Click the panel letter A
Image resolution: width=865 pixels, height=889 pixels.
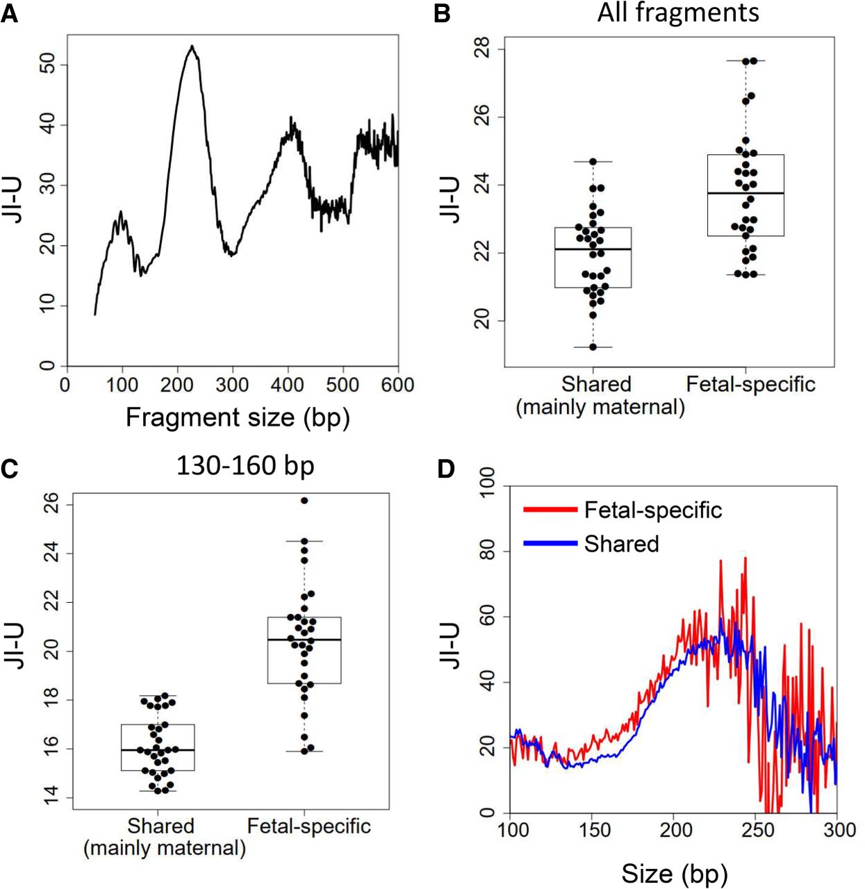click(10, 14)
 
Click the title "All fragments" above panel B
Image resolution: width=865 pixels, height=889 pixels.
click(678, 13)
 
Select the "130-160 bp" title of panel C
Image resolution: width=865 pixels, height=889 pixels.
click(245, 465)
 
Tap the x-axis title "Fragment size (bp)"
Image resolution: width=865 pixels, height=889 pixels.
click(238, 417)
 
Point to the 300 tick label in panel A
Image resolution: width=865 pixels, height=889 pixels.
click(231, 385)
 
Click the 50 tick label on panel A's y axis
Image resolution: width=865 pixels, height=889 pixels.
click(47, 66)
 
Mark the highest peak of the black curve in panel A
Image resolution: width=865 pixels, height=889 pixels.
click(192, 47)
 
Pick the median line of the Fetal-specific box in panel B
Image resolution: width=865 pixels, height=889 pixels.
click(745, 193)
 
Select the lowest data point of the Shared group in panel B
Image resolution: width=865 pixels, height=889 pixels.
click(593, 347)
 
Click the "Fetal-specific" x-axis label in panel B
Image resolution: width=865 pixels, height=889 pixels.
click(750, 384)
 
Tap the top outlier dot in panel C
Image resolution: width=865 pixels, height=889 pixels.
click(304, 500)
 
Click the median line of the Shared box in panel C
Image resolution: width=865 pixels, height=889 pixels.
click(158, 750)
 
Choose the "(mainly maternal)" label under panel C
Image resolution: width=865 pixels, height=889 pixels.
click(165, 848)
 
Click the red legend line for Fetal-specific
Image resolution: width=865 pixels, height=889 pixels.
click(550, 510)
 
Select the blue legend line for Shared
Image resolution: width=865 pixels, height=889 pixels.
click(550, 543)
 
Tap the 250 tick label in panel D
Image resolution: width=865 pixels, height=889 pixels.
click(757, 830)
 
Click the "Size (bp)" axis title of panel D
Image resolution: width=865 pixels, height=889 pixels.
click(674, 874)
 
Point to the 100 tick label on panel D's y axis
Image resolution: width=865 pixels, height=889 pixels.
click(488, 483)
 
